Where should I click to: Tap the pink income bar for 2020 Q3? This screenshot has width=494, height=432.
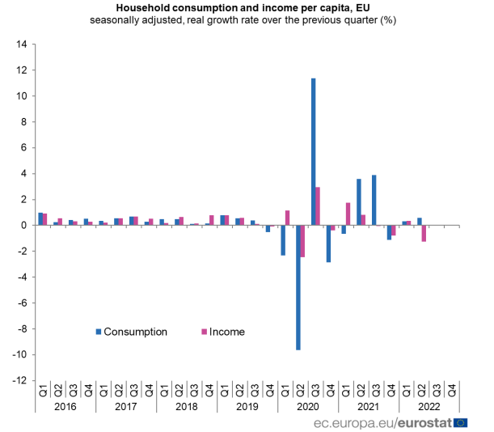[x=318, y=205]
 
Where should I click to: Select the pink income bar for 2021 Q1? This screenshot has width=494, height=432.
[x=348, y=214]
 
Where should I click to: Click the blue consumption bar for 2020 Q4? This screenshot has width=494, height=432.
[x=328, y=244]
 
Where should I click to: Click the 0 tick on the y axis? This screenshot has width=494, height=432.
[x=24, y=225]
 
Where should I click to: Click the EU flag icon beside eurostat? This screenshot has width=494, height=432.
[x=461, y=422]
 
